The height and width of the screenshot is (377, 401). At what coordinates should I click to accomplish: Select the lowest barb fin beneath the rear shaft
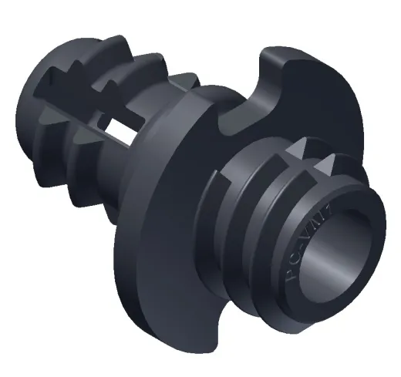click(85, 193)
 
